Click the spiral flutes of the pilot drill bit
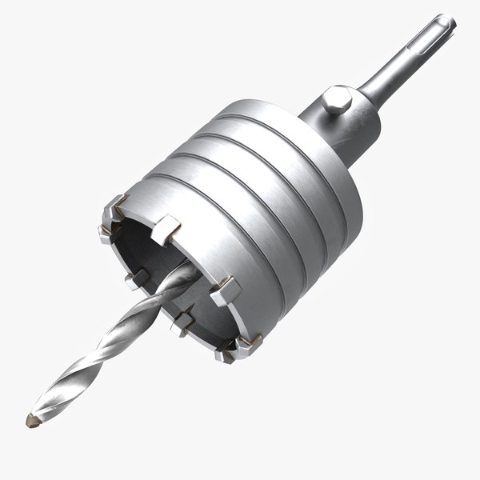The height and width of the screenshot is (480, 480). pos(104,352)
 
